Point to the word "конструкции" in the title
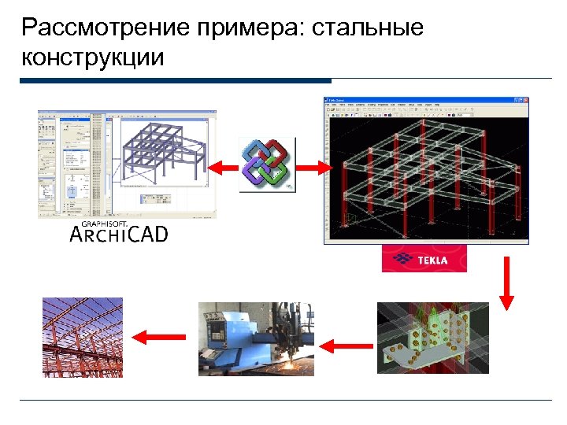point(93,57)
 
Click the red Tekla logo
point(424,259)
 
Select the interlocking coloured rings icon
point(267,164)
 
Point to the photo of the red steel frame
point(83,337)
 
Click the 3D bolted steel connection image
point(432,338)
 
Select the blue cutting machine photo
point(255,338)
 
